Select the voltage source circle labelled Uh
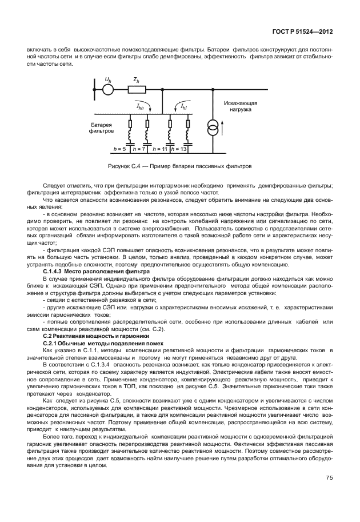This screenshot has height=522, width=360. coord(108,89)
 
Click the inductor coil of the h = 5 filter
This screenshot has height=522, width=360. coord(130,136)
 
